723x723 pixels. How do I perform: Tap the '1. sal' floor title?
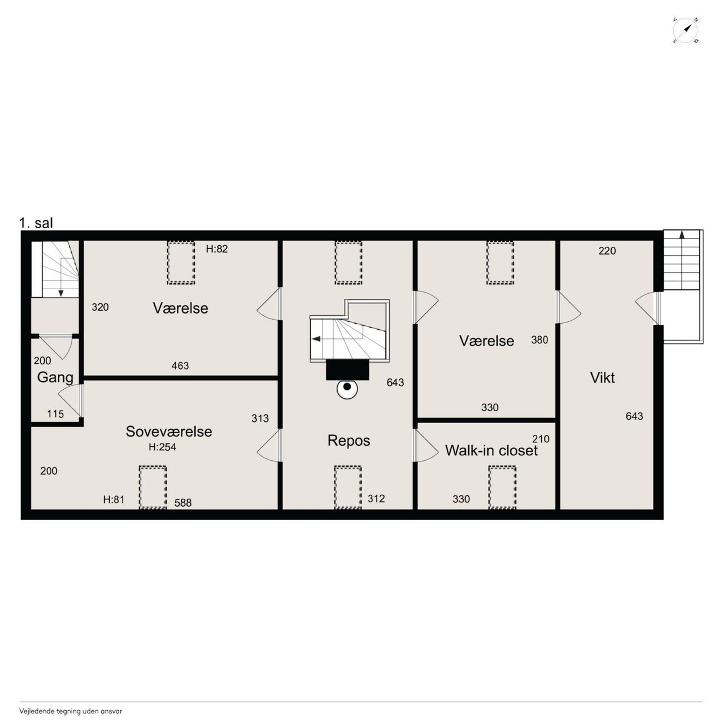click(36, 223)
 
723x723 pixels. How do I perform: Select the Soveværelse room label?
click(169, 432)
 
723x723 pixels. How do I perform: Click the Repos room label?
click(349, 441)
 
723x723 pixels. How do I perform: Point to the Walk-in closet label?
click(491, 450)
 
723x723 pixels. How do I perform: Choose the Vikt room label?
click(602, 378)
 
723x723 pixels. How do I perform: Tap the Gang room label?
click(55, 378)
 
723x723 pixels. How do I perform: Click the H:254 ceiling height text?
click(162, 447)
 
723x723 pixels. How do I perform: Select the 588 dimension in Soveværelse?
click(182, 503)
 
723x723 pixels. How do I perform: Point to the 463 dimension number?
click(180, 366)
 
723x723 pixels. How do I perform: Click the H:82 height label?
click(216, 249)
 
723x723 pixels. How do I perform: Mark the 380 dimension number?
click(539, 340)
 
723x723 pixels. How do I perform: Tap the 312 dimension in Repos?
click(376, 499)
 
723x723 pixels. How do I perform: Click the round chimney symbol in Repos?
click(347, 389)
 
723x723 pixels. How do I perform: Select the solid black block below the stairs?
click(347, 369)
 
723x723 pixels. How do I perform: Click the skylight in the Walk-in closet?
click(502, 487)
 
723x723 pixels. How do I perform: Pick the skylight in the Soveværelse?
click(153, 487)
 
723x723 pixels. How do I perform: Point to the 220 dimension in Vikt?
click(607, 251)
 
